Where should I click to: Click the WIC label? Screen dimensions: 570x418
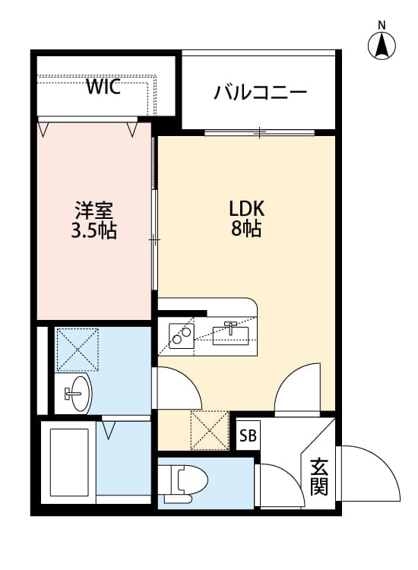(x=103, y=87)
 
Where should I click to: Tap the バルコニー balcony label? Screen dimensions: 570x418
(x=260, y=93)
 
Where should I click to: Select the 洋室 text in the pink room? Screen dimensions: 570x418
(x=93, y=210)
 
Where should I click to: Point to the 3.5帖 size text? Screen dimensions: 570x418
(x=93, y=231)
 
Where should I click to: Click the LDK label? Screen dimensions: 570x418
(x=245, y=209)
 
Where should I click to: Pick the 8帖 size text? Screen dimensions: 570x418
(x=245, y=230)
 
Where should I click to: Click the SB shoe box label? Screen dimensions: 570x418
(x=248, y=436)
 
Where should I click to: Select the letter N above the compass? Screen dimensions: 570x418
(x=382, y=24)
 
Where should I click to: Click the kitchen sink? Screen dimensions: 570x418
(x=232, y=332)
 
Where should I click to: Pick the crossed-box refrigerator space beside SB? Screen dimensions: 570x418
(x=209, y=429)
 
